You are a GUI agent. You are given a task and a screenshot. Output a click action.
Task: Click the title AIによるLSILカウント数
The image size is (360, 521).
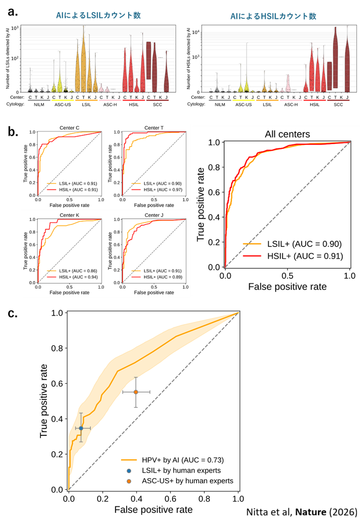click(x=98, y=15)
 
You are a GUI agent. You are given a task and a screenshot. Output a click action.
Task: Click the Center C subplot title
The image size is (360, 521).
click(x=69, y=128)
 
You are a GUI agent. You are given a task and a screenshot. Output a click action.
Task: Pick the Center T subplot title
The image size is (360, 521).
click(x=153, y=128)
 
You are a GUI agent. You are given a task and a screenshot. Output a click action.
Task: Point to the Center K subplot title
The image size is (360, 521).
click(x=69, y=216)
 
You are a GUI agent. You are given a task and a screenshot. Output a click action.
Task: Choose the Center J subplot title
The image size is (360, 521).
click(x=153, y=216)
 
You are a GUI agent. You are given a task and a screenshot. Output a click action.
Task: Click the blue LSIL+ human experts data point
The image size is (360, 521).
click(x=81, y=428)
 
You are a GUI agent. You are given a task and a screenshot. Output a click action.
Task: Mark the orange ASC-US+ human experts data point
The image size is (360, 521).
click(x=136, y=392)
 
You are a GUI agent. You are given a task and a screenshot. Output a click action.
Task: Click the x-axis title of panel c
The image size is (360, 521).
click(x=153, y=509)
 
